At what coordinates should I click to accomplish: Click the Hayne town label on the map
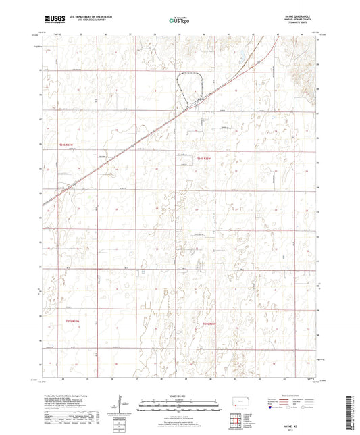click(200, 101)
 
